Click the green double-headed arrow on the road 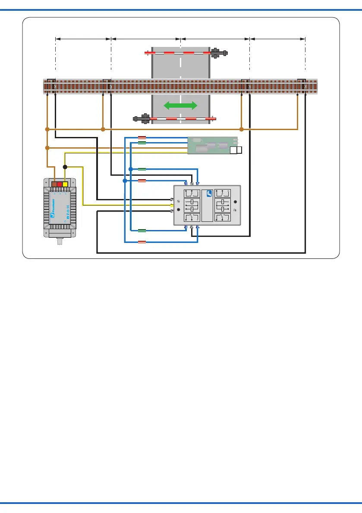[180, 106]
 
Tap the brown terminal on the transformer [54, 184]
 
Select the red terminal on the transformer [60, 184]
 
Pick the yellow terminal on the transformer [65, 184]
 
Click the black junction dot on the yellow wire [65, 167]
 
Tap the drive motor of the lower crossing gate [142, 118]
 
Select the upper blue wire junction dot [130, 169]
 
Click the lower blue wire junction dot [125, 181]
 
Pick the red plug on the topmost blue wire [142, 138]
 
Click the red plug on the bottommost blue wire [142, 243]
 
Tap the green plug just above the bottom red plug [142, 231]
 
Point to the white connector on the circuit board [236, 150]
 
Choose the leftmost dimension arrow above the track [83, 39]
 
